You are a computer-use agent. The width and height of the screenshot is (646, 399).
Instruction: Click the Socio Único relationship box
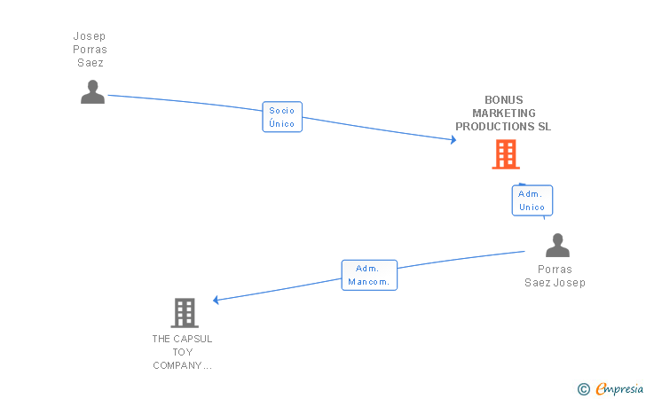click(x=282, y=117)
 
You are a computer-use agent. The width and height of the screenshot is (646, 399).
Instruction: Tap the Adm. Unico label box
click(x=532, y=200)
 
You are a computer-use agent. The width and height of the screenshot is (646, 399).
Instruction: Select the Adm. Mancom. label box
click(x=369, y=275)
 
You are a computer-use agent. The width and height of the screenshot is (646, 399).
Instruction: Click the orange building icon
click(x=506, y=154)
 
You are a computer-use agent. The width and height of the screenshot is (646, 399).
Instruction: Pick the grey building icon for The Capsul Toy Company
click(x=185, y=313)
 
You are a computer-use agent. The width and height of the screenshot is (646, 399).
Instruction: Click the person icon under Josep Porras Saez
click(x=92, y=92)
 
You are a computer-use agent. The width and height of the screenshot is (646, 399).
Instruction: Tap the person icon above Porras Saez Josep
click(x=557, y=245)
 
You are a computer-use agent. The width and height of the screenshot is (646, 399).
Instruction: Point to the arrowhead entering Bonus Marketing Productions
click(x=453, y=140)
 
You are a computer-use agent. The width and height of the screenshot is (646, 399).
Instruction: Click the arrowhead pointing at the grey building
click(x=216, y=300)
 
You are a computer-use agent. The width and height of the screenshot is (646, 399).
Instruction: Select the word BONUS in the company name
click(x=504, y=100)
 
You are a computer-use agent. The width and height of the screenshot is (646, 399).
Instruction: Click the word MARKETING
click(x=504, y=113)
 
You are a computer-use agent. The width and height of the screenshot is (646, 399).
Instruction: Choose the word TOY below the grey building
click(x=183, y=352)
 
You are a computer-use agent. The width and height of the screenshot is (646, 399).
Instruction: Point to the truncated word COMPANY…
click(x=182, y=365)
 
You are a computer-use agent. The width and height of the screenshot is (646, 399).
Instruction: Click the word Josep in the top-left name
click(x=90, y=36)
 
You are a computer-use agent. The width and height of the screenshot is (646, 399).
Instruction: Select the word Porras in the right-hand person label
click(x=555, y=270)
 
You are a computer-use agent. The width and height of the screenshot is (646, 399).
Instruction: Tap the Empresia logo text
click(x=619, y=388)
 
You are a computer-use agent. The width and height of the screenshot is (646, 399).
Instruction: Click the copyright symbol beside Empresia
click(x=584, y=389)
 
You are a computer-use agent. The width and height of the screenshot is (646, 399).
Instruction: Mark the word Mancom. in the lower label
click(x=369, y=282)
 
